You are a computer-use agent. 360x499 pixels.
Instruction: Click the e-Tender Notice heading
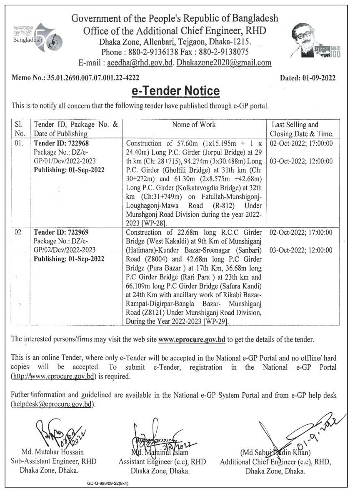click(x=175, y=91)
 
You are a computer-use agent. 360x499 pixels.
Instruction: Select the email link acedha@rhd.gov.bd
click(x=139, y=63)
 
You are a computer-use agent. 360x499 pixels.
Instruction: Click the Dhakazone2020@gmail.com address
click(x=224, y=63)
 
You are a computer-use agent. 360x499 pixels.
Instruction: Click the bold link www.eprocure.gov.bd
click(x=192, y=340)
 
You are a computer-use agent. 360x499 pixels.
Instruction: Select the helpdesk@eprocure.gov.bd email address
click(x=52, y=404)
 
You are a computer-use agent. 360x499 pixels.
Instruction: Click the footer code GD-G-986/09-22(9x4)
click(x=107, y=484)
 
